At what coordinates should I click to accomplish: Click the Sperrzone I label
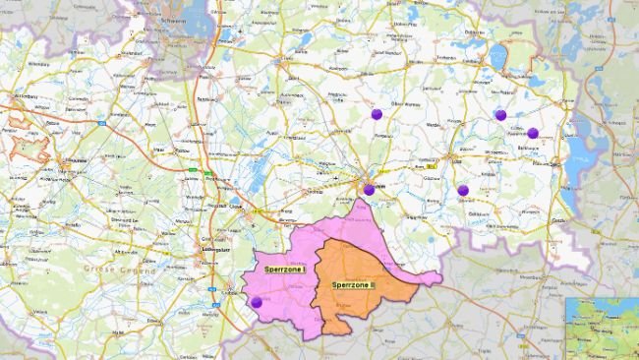point(285,269)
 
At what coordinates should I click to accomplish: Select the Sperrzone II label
point(353,285)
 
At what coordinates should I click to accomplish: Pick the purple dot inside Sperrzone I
point(257,303)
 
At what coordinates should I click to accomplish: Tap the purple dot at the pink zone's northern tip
point(369,190)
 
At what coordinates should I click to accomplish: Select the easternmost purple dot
point(533,133)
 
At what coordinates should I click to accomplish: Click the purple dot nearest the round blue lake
point(500,115)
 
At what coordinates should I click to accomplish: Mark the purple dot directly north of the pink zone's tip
point(376,114)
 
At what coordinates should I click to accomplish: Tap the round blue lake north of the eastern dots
point(497,57)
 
